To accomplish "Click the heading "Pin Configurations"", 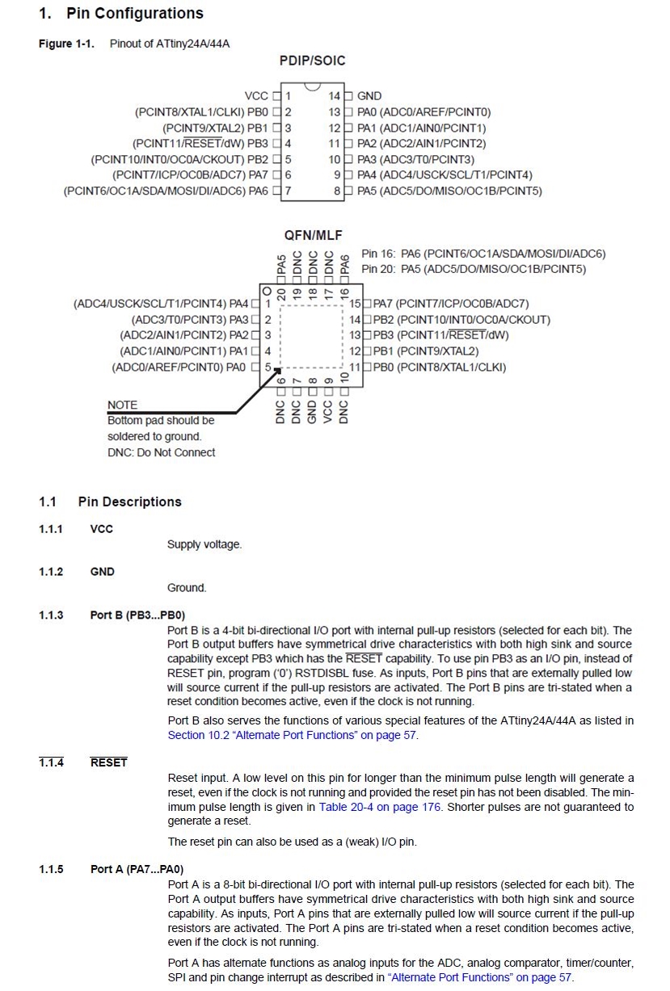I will (134, 14).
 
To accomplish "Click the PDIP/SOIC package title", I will (313, 61).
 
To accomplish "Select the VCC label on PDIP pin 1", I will (256, 96).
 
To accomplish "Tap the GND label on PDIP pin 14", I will (369, 96).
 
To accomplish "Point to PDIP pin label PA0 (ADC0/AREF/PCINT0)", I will (423, 112).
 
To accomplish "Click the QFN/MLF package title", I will (313, 235).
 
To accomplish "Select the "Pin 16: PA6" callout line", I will (482, 254).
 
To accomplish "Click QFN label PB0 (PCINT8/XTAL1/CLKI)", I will (439, 367).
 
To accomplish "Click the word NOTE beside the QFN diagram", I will (123, 405).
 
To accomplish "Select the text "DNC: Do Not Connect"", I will (162, 452).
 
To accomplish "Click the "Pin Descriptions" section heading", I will (129, 502).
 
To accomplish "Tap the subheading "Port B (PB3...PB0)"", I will (137, 615).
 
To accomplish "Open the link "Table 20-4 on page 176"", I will (380, 807).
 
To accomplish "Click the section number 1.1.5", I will (51, 870).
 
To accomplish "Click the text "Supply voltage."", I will (204, 544).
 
